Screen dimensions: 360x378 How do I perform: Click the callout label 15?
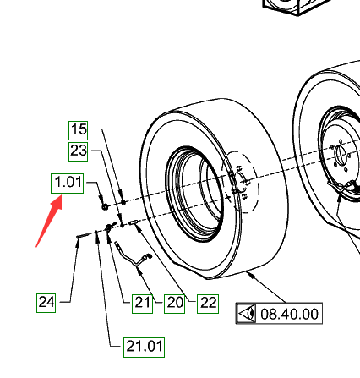click(79, 130)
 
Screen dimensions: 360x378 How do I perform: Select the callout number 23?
click(79, 151)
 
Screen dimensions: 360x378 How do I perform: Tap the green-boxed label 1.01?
click(67, 184)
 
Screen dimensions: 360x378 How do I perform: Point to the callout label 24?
click(46, 303)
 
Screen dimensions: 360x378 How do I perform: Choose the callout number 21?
click(142, 304)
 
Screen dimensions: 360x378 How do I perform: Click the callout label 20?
click(175, 304)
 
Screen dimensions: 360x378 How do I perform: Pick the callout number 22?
click(208, 304)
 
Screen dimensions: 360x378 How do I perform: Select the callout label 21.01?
click(144, 348)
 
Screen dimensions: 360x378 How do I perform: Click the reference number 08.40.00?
click(289, 314)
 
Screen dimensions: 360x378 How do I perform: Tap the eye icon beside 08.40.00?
click(247, 314)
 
